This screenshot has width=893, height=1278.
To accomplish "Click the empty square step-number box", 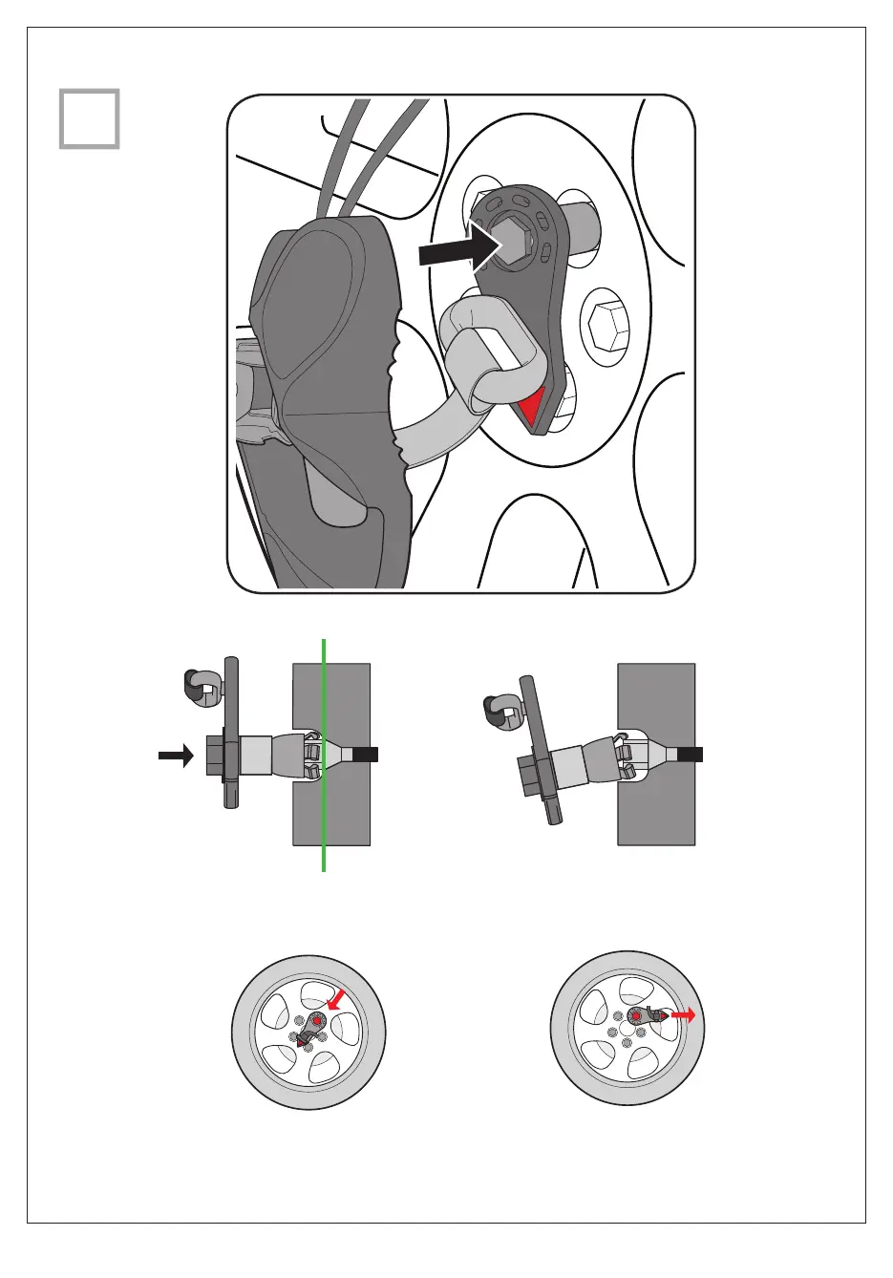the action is pos(90,119).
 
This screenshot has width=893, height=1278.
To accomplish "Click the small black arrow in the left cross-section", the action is pos(175,756).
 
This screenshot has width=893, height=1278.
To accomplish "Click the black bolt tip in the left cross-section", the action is pos(367,754).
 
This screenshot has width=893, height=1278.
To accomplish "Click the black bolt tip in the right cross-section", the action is pos(691,754).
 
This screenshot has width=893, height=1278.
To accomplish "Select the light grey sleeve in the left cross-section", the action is pos(255,756).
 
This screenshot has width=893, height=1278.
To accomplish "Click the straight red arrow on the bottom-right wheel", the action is pos(683,1016).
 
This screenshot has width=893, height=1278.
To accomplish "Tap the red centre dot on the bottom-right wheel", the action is pos(636,1017).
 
